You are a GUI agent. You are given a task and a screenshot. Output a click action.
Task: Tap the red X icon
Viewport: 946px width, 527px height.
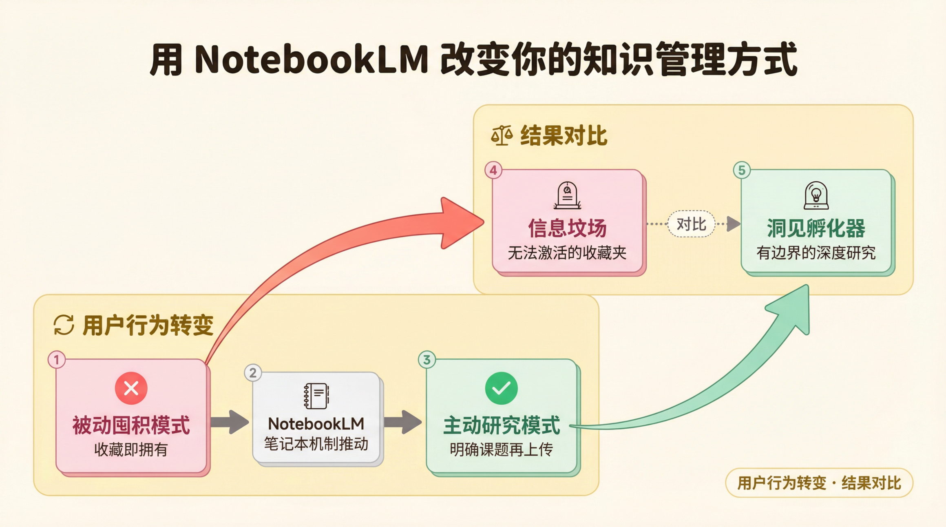pyautogui.click(x=131, y=388)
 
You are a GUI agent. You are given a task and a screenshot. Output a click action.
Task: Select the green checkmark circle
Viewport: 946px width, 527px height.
pyautogui.click(x=501, y=388)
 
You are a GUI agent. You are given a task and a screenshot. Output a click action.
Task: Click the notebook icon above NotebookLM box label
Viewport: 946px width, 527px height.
pyautogui.click(x=316, y=396)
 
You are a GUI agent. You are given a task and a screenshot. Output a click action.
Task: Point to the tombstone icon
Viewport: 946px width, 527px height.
pyautogui.click(x=567, y=195)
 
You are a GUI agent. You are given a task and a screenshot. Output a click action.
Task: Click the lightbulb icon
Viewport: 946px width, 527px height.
pyautogui.click(x=816, y=195)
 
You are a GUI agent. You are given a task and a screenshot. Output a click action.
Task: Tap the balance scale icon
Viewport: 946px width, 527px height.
pyautogui.click(x=502, y=135)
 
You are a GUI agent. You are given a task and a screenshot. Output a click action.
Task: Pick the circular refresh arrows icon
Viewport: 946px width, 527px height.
pyautogui.click(x=64, y=325)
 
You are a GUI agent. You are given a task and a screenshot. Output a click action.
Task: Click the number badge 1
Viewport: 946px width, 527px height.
pyautogui.click(x=57, y=360)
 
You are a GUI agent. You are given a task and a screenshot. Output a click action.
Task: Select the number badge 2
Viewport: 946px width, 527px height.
pyautogui.click(x=253, y=373)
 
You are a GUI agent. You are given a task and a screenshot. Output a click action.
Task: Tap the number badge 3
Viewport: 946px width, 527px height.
pyautogui.click(x=427, y=360)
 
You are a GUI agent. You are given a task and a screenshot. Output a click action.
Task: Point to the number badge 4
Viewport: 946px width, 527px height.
pyautogui.click(x=493, y=170)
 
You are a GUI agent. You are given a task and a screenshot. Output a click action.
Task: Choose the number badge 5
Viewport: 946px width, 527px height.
pyautogui.click(x=742, y=170)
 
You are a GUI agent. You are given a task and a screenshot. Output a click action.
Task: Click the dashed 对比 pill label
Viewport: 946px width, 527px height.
pyautogui.click(x=691, y=224)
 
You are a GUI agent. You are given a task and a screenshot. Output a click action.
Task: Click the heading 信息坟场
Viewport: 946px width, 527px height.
pyautogui.click(x=567, y=228)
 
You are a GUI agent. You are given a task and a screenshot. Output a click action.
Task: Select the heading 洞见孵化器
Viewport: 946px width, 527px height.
pyautogui.click(x=816, y=228)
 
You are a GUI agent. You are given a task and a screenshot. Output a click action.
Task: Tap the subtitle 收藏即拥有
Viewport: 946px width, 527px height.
pyautogui.click(x=131, y=449)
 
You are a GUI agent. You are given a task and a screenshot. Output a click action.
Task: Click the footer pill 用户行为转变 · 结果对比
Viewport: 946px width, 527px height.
pyautogui.click(x=819, y=483)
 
